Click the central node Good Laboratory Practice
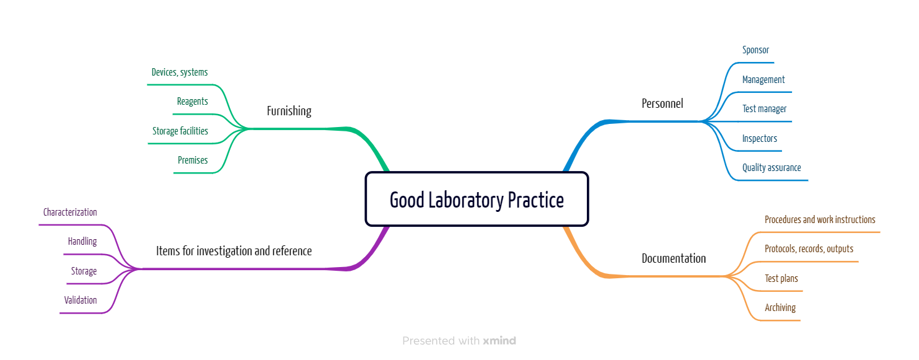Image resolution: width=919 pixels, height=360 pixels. coord(477,200)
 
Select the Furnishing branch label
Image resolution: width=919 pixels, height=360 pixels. coord(289,111)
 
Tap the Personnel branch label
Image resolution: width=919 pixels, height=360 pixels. coord(662,103)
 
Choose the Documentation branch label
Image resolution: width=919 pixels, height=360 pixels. coord(674,258)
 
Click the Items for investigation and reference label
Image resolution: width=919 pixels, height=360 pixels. coord(234,251)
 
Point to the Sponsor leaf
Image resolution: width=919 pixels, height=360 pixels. coord(755,50)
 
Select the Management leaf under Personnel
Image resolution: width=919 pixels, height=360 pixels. coord(763,79)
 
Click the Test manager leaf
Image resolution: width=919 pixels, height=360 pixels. coord(764,108)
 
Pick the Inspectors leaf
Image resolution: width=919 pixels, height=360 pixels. coord(759,138)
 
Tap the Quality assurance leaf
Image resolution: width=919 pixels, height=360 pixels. coord(772,167)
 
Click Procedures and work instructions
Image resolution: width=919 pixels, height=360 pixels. coord(820,219)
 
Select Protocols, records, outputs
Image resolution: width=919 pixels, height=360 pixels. coord(809,248)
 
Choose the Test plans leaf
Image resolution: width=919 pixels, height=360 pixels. coord(781,278)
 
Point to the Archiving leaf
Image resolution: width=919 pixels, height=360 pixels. coord(780,307)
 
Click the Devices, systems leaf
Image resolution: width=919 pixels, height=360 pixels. coord(180,72)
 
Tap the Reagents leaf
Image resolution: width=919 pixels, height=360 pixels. coord(192,101)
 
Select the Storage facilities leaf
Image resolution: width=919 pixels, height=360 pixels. coord(180,131)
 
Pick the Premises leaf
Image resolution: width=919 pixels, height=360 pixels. coord(193,160)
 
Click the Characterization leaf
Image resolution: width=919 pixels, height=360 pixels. coord(70,212)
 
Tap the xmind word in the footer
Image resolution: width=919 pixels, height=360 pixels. coord(499,341)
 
